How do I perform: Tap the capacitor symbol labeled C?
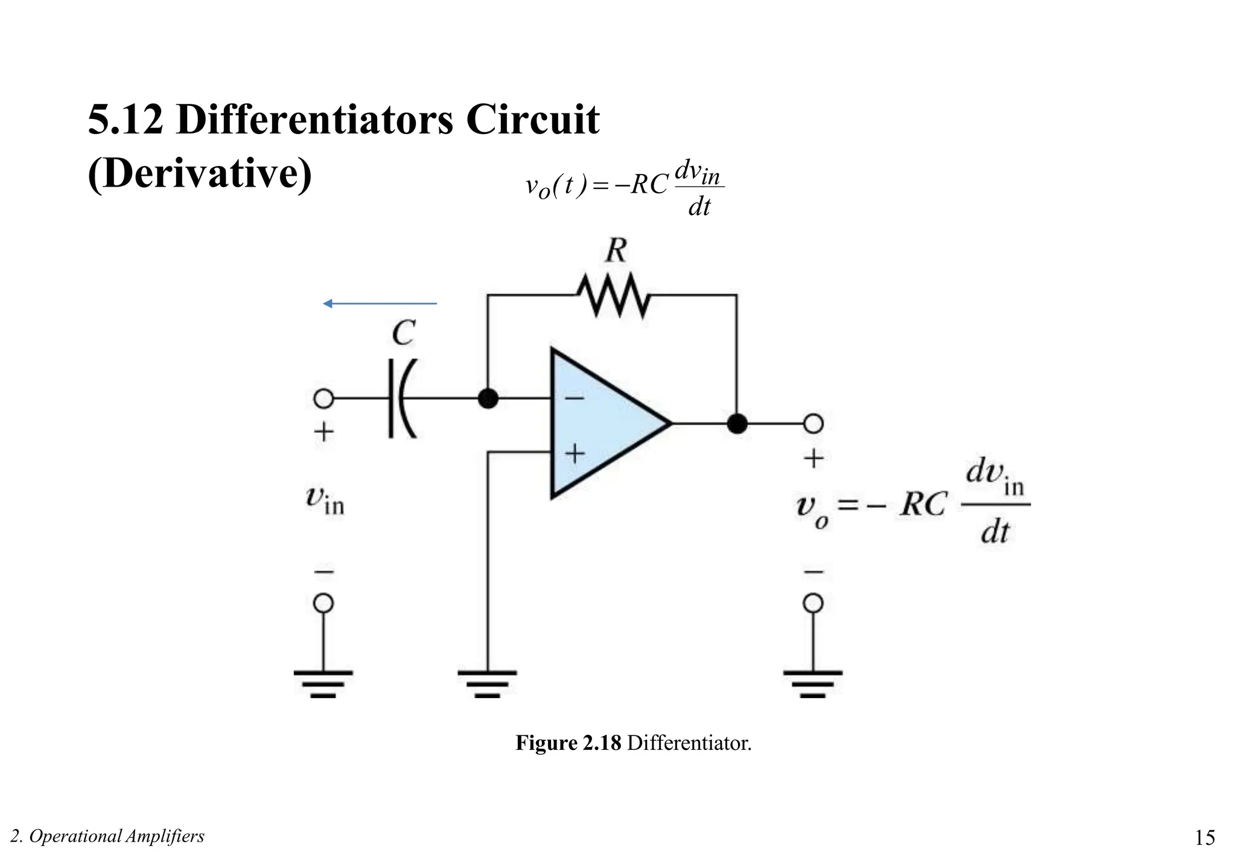pyautogui.click(x=401, y=399)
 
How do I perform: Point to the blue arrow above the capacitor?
pyautogui.click(x=380, y=303)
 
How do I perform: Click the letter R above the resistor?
pyautogui.click(x=616, y=251)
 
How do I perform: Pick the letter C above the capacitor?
pyautogui.click(x=403, y=333)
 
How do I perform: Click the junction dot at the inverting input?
pyautogui.click(x=488, y=399)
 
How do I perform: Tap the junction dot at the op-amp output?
pyautogui.click(x=736, y=423)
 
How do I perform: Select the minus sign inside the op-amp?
pyautogui.click(x=574, y=399)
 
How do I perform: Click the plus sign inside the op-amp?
pyautogui.click(x=574, y=453)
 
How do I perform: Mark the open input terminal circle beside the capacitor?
pyautogui.click(x=323, y=399)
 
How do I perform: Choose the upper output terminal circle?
pyautogui.click(x=813, y=423)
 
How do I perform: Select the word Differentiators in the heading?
pyautogui.click(x=314, y=119)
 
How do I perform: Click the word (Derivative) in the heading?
pyautogui.click(x=200, y=174)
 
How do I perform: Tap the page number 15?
pyautogui.click(x=1205, y=837)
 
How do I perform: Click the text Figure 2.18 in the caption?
pyautogui.click(x=568, y=743)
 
